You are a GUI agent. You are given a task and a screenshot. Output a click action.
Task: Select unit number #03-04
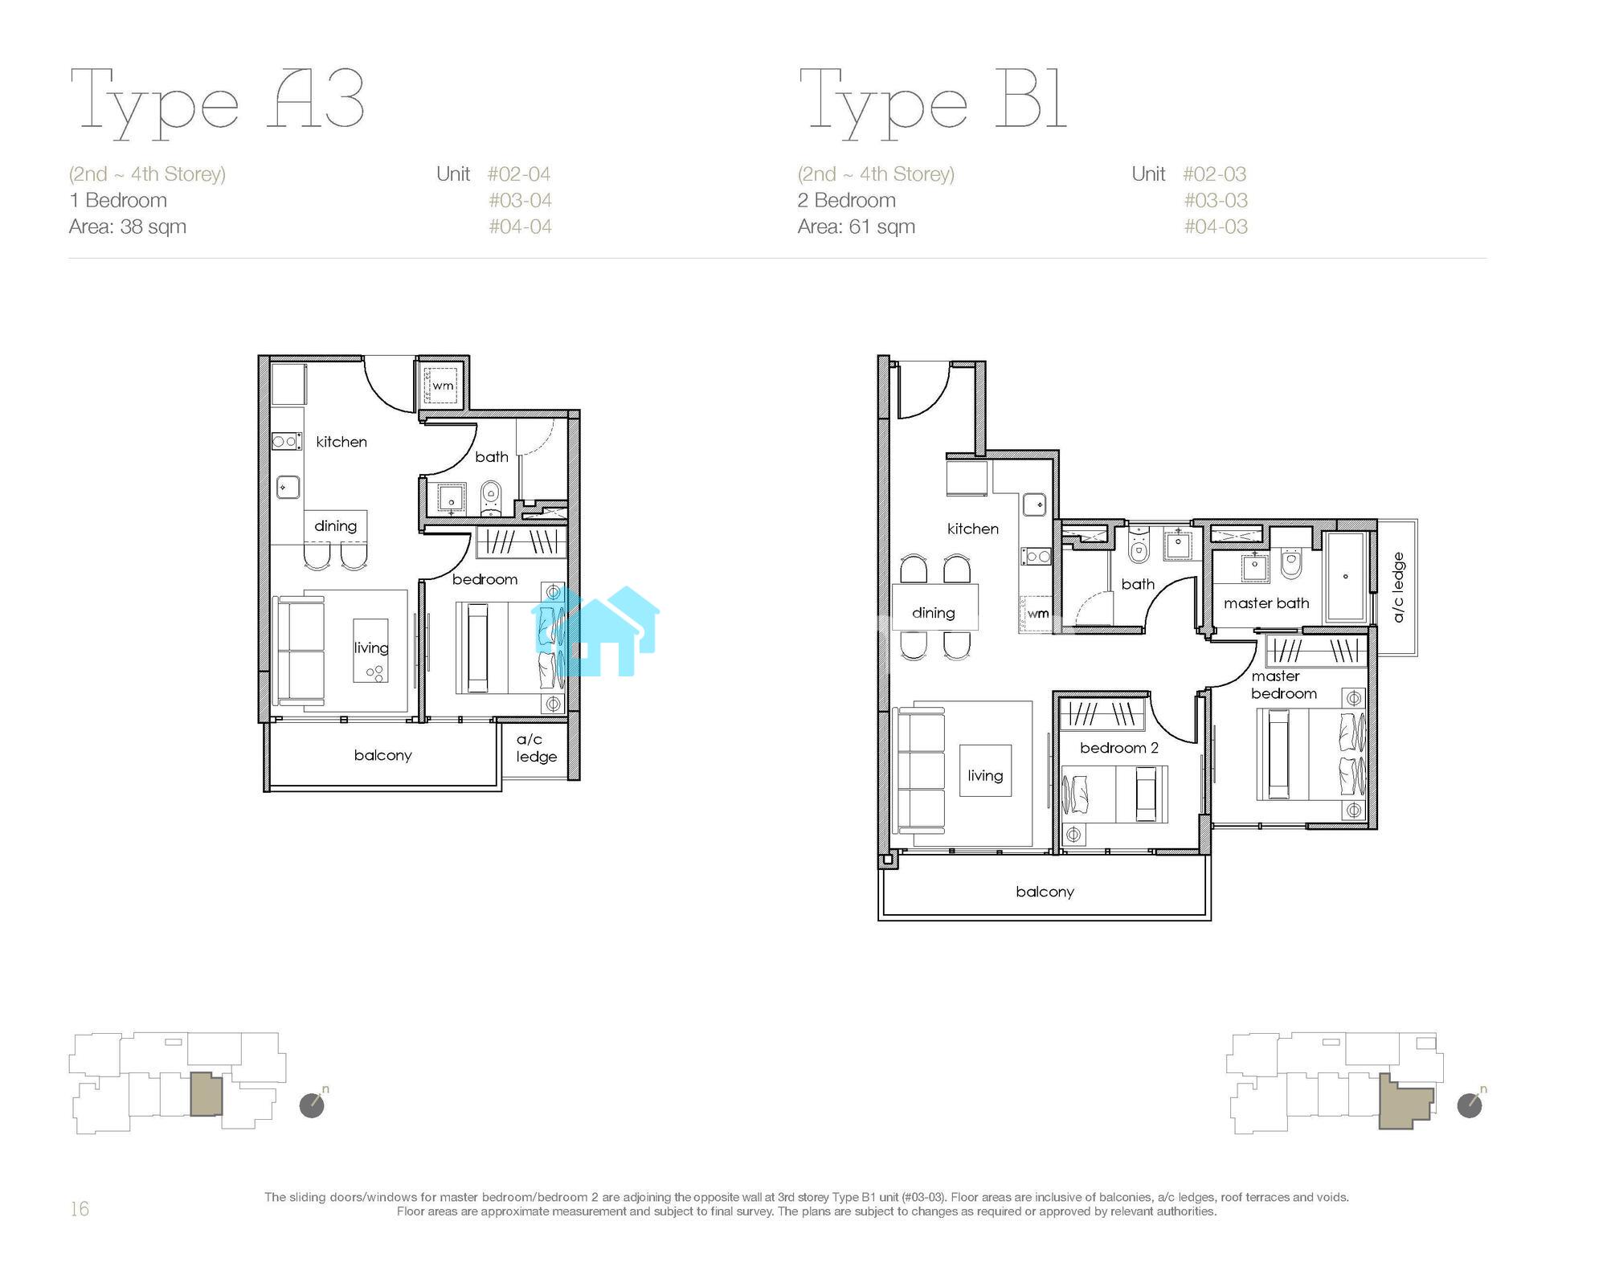click(520, 200)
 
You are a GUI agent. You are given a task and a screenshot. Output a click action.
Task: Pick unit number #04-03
click(1216, 227)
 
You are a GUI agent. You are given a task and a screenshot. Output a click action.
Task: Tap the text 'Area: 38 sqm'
click(128, 227)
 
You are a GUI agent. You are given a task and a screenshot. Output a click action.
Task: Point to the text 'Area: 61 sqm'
click(857, 227)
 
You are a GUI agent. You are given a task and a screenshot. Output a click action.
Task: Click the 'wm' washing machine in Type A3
click(443, 385)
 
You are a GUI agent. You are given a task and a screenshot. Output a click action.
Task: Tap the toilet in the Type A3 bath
click(491, 498)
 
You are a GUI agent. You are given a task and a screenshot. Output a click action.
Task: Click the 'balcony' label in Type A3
click(382, 755)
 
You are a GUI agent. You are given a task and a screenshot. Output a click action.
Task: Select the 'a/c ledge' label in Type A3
click(536, 748)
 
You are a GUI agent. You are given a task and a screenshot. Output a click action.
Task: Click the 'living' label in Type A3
click(370, 647)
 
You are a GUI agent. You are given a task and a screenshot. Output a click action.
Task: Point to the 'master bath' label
click(1266, 603)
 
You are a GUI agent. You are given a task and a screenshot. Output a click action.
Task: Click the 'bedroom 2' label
click(1118, 748)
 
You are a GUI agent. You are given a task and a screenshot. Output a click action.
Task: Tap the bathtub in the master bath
click(1345, 576)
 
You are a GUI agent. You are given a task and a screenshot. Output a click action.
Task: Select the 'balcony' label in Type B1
click(1045, 892)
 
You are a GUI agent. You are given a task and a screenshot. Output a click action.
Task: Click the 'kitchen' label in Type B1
click(972, 529)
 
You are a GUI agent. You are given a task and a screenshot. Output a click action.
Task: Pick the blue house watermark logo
click(595, 631)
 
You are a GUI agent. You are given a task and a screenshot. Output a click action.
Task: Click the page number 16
click(80, 1209)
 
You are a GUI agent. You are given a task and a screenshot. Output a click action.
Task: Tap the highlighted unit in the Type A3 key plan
click(206, 1094)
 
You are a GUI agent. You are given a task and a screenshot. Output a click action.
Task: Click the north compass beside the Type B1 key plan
click(1470, 1105)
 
